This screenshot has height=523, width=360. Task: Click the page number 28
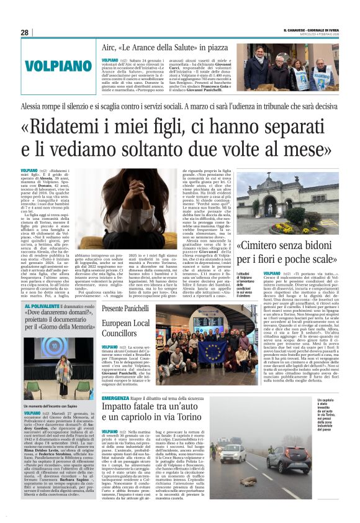click(24, 32)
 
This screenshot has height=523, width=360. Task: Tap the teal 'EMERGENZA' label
click(115, 397)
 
